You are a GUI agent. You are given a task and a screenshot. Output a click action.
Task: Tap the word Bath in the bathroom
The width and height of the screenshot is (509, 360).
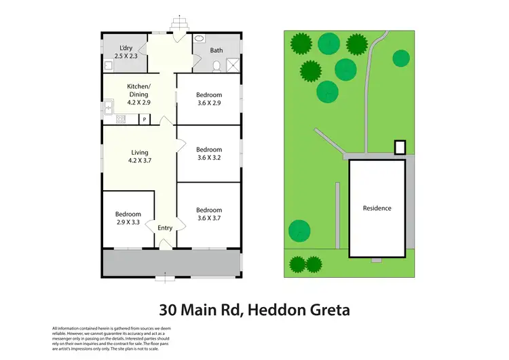(216, 50)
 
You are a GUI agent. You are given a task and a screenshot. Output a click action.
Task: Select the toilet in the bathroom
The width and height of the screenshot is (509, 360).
(216, 65)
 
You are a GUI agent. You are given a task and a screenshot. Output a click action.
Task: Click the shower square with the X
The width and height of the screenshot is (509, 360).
(233, 65)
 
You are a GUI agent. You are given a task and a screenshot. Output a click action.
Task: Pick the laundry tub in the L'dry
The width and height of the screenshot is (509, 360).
(109, 65)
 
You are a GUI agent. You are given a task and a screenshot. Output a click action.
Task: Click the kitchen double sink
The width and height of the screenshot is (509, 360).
(107, 107)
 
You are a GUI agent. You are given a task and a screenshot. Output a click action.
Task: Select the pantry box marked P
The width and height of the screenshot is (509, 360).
(144, 120)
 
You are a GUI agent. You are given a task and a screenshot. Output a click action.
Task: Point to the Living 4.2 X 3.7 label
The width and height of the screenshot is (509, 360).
(140, 157)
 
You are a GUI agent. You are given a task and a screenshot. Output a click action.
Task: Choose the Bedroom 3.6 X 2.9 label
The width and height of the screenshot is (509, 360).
(209, 98)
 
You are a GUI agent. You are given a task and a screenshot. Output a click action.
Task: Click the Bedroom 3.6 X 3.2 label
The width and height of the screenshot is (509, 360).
(209, 154)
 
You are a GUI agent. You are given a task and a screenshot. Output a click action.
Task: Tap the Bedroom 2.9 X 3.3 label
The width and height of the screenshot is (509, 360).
(128, 218)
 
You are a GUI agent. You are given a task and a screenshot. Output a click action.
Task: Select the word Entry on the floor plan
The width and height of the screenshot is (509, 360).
(165, 228)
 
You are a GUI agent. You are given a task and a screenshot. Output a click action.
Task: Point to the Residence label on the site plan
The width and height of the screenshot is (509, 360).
(377, 208)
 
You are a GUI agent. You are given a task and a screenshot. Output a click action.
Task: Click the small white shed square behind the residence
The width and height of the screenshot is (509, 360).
(400, 147)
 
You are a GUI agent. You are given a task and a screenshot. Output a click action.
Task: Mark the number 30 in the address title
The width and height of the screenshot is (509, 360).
(168, 311)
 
